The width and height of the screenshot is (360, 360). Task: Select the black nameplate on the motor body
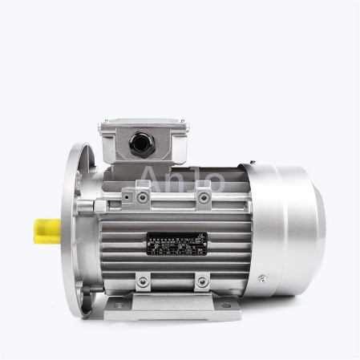[x=176, y=245]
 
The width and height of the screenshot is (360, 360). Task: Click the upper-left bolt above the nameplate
[x=143, y=196]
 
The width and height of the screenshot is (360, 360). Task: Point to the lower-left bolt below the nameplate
[x=143, y=281]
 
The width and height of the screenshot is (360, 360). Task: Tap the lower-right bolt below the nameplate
[x=202, y=281]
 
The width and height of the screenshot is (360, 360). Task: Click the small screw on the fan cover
[x=261, y=280]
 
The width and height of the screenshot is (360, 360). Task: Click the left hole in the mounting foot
[x=119, y=305]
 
